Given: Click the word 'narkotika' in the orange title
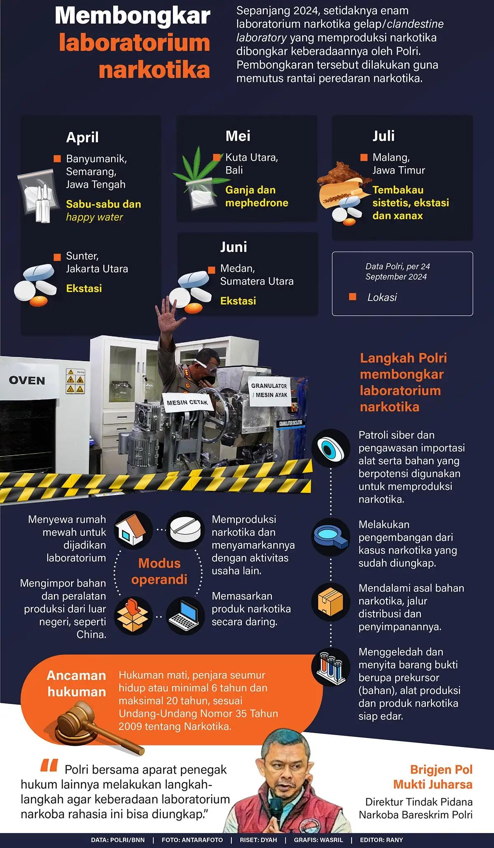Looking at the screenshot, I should (154, 70).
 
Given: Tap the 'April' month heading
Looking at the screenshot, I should (82, 137).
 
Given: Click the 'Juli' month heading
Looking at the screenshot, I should (383, 136).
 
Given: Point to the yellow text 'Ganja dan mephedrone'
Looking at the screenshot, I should (256, 196).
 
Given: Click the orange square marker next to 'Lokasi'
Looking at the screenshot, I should (352, 297).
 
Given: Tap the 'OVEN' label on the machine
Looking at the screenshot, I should (27, 381).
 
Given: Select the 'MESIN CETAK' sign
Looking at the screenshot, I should (187, 402).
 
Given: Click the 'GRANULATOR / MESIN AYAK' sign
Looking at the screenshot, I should (270, 390).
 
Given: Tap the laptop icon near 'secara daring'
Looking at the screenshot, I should (185, 615).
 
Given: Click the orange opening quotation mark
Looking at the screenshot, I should (49, 765).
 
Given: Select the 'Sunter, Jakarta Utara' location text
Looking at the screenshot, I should (97, 262).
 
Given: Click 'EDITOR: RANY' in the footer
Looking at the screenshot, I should (381, 840).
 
